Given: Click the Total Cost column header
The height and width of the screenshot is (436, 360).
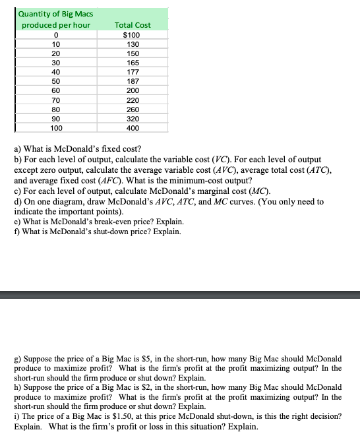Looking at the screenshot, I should click(x=133, y=24).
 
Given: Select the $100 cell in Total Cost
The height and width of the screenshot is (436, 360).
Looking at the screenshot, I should click(x=133, y=34).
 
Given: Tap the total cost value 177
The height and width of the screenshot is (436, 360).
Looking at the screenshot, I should click(x=133, y=72).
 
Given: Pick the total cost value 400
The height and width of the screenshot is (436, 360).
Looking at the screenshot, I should click(x=133, y=128).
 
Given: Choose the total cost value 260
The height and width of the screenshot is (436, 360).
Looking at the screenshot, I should click(x=133, y=109).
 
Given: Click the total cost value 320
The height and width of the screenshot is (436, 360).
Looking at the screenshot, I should click(x=133, y=119).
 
